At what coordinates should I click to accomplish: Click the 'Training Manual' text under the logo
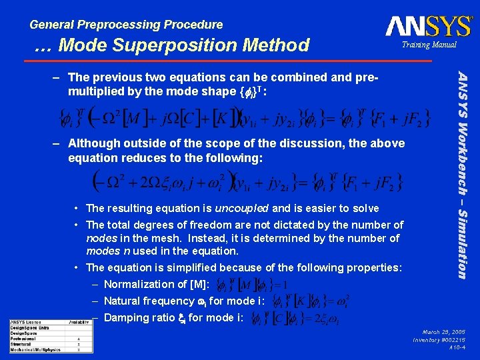click(429, 45)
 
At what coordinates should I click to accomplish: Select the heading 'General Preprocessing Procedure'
click(127, 25)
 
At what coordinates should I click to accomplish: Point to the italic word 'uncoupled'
click(241, 208)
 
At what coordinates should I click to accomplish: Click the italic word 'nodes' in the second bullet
click(101, 238)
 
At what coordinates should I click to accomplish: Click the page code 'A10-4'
click(457, 348)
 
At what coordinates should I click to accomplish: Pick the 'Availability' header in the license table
click(79, 322)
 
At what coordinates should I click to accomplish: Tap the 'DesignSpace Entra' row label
click(30, 327)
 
